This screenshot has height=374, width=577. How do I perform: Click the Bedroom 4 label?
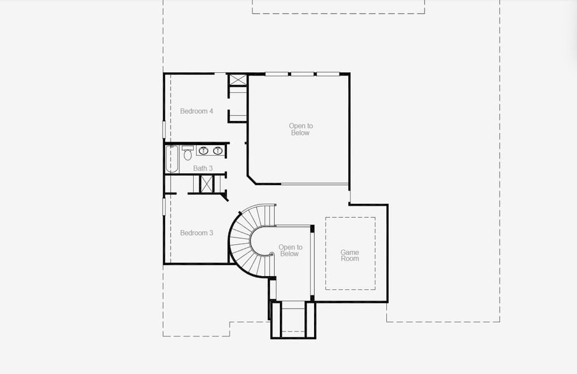click(x=196, y=112)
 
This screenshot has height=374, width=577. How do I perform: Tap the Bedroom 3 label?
click(x=196, y=233)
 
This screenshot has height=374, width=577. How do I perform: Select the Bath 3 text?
click(x=203, y=168)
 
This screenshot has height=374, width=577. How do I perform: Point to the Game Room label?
click(x=350, y=256)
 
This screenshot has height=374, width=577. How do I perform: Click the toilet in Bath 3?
click(x=188, y=155)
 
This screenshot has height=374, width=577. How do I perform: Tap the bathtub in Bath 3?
click(x=172, y=159)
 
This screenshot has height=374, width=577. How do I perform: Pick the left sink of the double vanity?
click(x=204, y=151)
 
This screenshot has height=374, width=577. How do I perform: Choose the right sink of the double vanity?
click(x=218, y=151)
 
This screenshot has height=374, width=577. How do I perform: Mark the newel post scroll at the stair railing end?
click(x=272, y=254)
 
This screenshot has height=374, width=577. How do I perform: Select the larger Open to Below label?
click(x=300, y=129)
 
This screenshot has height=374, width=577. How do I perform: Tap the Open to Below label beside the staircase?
click(x=289, y=251)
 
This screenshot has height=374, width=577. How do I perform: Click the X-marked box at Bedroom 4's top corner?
click(x=237, y=80)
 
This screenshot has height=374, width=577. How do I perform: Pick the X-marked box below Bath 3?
click(x=206, y=184)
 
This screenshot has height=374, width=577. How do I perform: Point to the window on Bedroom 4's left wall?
click(x=165, y=129)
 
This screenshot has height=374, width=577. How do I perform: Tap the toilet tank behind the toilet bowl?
click(x=188, y=148)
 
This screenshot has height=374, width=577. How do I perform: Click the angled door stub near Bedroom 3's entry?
click(x=224, y=197)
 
